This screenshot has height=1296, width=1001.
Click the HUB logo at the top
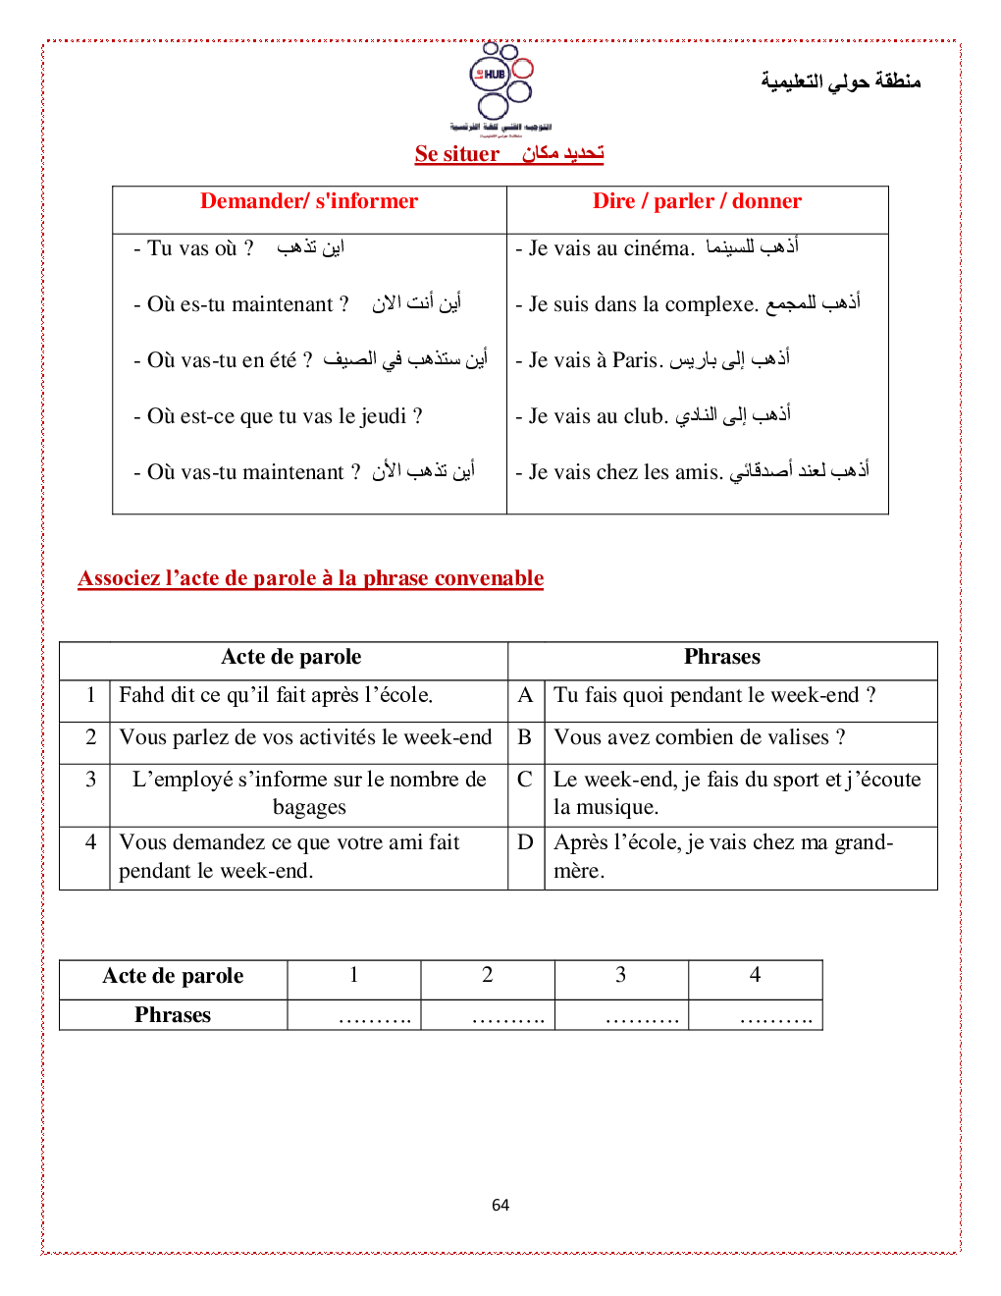coord(500,84)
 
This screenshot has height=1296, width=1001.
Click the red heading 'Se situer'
coord(457,154)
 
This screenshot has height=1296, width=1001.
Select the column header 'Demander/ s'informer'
coord(309,201)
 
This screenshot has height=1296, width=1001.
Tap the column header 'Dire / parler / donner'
coord(697,201)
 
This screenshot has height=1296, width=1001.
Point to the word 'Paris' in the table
coord(635,360)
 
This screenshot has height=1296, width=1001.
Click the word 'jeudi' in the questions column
coord(383,416)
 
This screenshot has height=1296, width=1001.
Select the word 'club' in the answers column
coord(644,416)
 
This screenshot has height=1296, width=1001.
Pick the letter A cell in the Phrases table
coord(525,695)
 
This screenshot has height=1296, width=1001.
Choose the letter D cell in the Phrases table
coord(525,842)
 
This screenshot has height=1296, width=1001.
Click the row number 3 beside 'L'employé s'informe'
coord(90,780)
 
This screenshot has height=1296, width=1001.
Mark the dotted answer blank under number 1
coord(374,1018)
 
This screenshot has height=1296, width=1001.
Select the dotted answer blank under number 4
coord(775,1018)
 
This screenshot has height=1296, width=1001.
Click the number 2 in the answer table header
coord(487,975)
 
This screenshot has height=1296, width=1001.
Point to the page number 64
coord(500,1205)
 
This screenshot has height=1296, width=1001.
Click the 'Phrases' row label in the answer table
coord(173,1015)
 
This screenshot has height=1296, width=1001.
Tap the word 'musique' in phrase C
coord(618,808)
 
